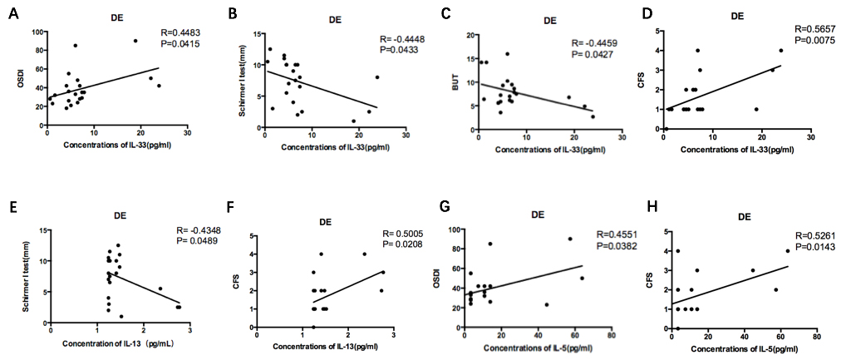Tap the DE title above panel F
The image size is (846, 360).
(327, 221)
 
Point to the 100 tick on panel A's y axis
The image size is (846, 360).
(37, 32)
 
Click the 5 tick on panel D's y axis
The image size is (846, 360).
(657, 32)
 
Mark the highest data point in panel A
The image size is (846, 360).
(135, 41)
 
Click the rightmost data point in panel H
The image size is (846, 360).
(787, 251)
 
